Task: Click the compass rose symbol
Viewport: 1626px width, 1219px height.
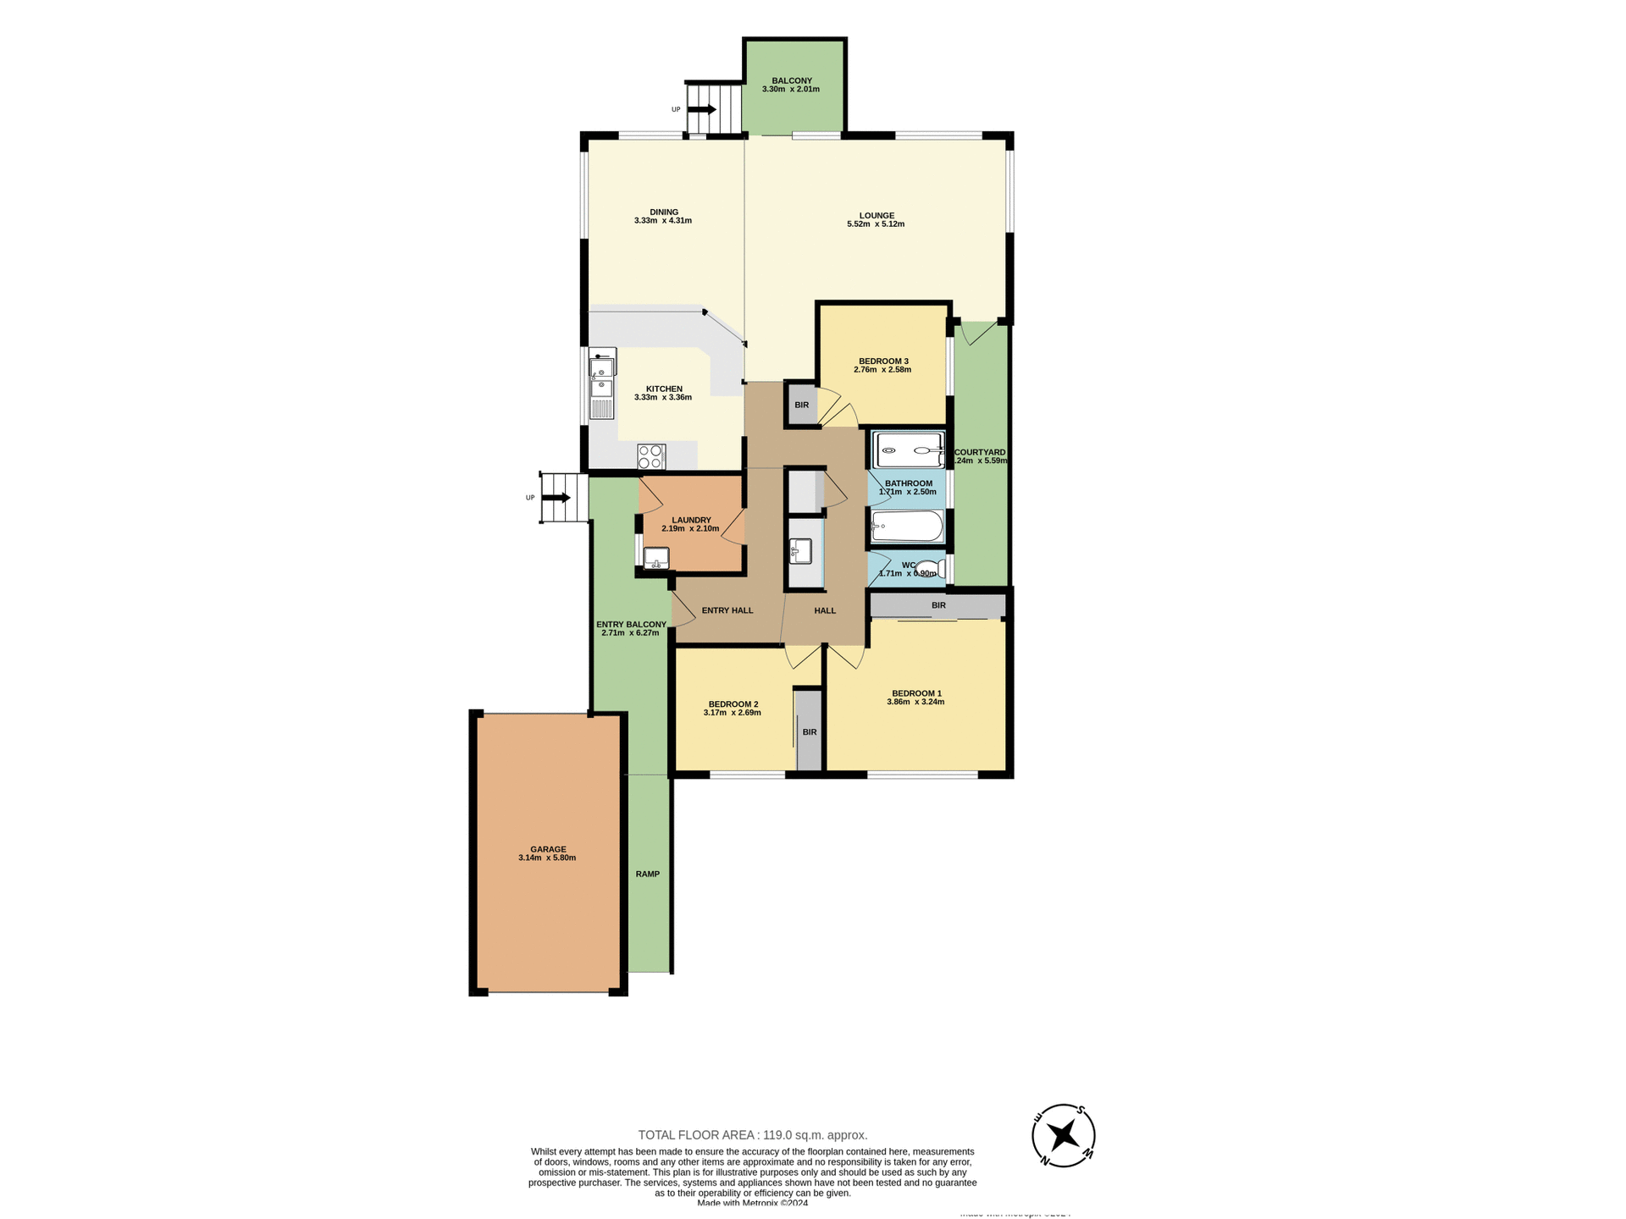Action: pos(1064,1135)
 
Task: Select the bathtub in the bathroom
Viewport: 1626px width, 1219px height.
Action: pos(907,527)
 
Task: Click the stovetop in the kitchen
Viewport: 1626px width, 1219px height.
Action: pos(651,457)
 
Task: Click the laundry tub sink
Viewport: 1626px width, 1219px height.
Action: pos(656,559)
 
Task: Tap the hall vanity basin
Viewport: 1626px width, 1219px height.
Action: pos(800,551)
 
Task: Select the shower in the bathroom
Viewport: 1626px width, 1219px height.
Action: pos(909,450)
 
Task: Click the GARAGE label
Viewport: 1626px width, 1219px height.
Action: pos(548,849)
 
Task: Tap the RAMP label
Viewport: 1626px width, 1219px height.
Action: pos(648,874)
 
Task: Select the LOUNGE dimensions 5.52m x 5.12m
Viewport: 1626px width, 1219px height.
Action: pos(876,224)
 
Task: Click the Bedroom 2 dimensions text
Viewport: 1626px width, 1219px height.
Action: pos(732,713)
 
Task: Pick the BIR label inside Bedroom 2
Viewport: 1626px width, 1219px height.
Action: pos(810,732)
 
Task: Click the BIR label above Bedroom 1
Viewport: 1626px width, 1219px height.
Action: pos(938,605)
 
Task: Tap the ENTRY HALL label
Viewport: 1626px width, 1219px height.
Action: pos(727,610)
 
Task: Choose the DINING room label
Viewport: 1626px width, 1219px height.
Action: pos(664,212)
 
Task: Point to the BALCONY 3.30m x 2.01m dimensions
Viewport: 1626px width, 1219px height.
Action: pos(791,89)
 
